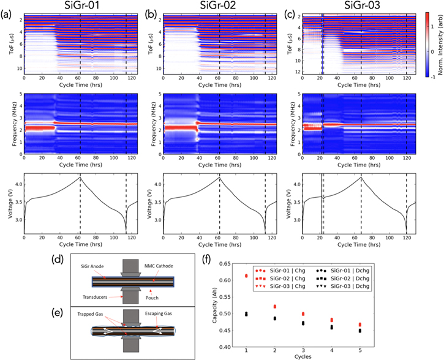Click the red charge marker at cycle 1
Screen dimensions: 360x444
(x=247, y=276)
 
